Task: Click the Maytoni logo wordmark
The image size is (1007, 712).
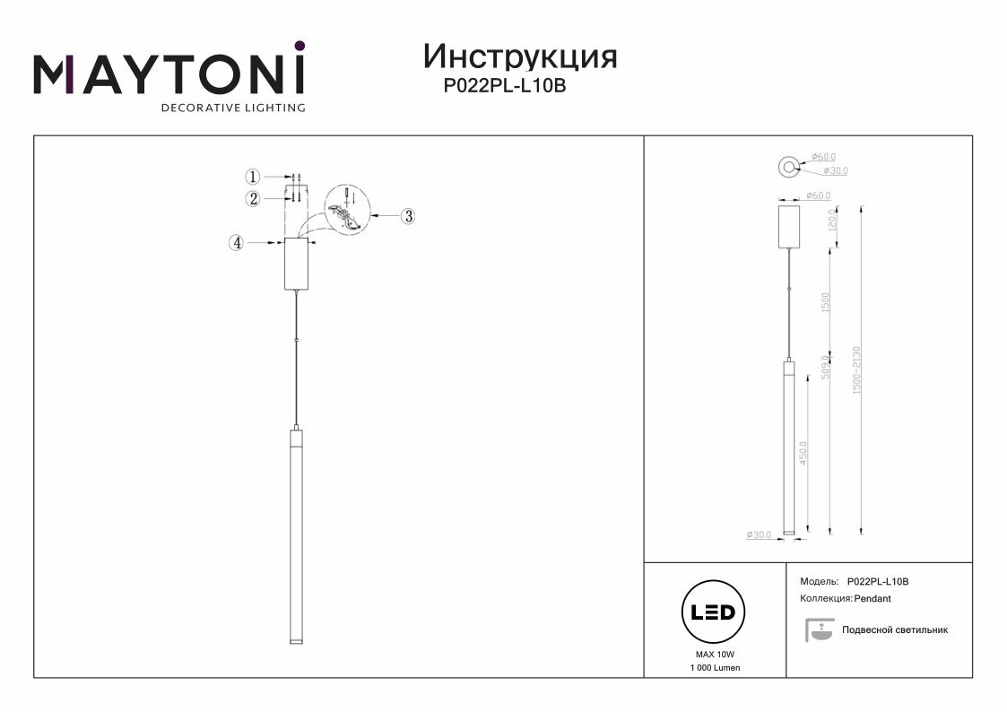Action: [169, 74]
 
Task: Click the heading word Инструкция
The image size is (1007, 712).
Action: [520, 56]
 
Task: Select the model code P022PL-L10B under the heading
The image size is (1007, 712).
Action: [506, 87]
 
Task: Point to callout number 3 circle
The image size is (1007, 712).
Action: [408, 215]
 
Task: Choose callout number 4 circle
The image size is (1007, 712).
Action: [237, 242]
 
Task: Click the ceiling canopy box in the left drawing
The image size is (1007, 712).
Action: [297, 265]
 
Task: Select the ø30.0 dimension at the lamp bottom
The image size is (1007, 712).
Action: [758, 535]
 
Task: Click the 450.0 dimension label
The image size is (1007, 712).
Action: [803, 452]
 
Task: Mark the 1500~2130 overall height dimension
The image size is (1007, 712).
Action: [857, 371]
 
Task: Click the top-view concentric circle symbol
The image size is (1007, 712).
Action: [789, 165]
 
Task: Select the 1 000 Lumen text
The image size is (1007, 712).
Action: [715, 669]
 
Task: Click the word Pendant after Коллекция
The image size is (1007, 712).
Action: [872, 598]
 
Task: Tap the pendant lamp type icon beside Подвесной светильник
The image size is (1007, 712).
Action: [817, 630]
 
